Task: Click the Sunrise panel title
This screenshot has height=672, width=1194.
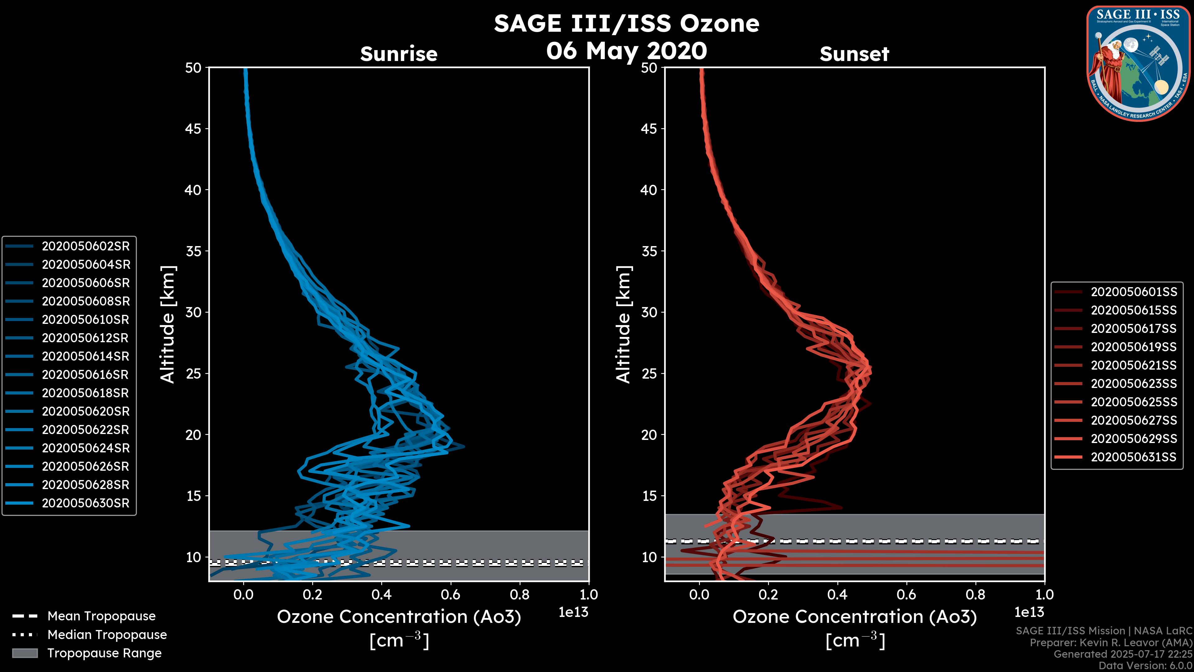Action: tap(399, 54)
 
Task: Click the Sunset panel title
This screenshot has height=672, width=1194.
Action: tap(854, 54)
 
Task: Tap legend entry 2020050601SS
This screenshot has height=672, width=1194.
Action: tap(1133, 292)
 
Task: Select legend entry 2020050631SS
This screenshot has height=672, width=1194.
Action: tap(1133, 457)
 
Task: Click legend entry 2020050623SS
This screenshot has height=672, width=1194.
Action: tap(1133, 384)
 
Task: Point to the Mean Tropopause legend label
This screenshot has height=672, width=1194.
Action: tap(101, 616)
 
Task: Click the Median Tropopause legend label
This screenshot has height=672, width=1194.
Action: tap(107, 634)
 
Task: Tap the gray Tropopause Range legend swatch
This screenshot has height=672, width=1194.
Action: tap(25, 653)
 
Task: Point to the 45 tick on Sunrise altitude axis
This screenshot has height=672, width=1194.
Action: tap(193, 129)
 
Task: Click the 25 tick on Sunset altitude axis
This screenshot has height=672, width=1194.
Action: tap(649, 374)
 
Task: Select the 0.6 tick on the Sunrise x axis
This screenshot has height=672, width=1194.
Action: tap(450, 595)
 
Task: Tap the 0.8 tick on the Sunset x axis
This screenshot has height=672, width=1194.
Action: tap(975, 595)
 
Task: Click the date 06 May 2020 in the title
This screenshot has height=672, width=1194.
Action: tap(627, 50)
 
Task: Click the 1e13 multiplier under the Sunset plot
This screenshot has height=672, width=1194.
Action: tap(1029, 612)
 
